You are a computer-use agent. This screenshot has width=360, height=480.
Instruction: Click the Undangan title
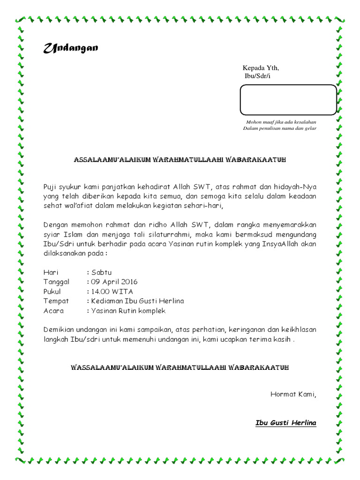(71, 48)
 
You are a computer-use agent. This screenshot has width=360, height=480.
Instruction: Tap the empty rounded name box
(288, 100)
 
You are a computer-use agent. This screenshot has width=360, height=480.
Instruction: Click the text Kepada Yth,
(260, 68)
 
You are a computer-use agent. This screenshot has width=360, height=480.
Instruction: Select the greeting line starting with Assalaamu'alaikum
(180, 160)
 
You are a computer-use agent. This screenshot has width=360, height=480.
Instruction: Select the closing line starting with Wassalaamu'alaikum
(180, 367)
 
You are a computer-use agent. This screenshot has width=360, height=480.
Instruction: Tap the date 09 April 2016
(114, 282)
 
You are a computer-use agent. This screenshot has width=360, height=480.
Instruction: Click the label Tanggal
(57, 282)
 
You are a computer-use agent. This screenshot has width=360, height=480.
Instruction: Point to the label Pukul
(52, 291)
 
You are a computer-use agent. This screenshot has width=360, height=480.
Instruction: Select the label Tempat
(56, 301)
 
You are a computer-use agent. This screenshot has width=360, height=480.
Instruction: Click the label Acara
(53, 310)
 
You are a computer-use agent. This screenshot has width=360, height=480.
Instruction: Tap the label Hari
(51, 272)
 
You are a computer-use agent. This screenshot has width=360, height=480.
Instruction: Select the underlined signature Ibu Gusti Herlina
(285, 423)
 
